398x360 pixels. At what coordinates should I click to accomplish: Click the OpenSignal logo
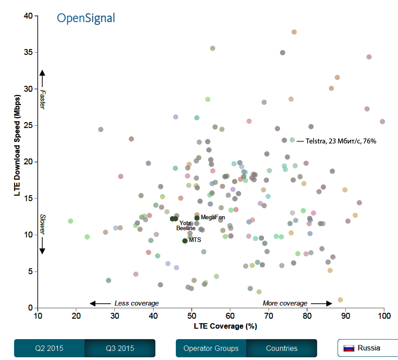pos(86,18)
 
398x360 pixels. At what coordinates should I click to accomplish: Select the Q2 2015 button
pos(50,348)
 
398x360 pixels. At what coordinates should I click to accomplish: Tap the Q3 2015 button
pos(120,348)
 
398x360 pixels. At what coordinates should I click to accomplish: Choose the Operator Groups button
pos(211,348)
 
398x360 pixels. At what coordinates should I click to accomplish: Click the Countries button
pos(282,348)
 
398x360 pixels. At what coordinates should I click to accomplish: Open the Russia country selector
pos(368,348)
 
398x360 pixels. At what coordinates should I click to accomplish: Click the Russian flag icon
pos(348,348)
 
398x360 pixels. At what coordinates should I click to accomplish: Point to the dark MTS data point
pos(185,241)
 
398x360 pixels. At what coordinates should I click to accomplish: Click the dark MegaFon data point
pos(197,218)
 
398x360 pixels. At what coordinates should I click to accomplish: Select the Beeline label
pos(186,228)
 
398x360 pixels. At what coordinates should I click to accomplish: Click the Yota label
pos(185,223)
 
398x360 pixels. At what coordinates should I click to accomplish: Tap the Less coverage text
pos(136,303)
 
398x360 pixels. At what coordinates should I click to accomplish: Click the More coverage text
pos(285,303)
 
